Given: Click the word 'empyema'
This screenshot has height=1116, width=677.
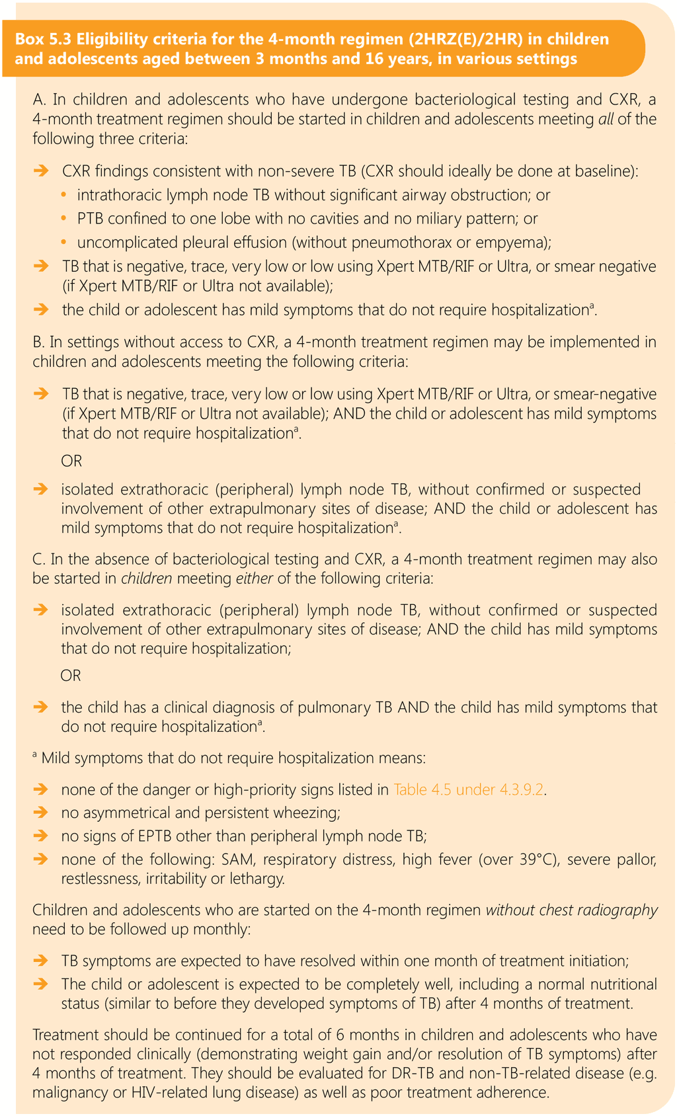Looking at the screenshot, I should click(518, 242).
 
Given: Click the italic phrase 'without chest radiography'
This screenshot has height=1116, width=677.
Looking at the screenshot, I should click(572, 910).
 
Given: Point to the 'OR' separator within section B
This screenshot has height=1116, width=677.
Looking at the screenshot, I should click(71, 461).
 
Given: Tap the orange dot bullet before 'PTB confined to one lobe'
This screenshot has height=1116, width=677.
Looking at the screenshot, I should click(64, 218).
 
